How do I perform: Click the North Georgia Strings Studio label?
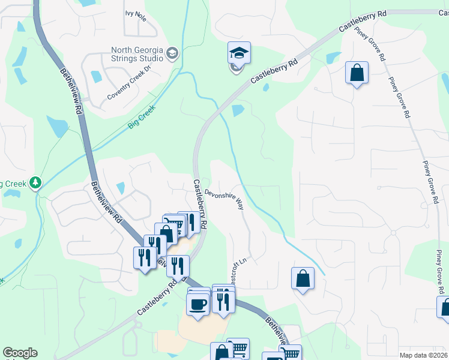pos(137,54)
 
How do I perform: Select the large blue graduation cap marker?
pos(238,53)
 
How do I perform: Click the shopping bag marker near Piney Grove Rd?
pos(357,73)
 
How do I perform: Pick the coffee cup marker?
pos(197,304)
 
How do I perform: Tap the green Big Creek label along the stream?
pos(141,118)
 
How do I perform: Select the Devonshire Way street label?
pos(224,199)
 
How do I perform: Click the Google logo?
pos(20,353)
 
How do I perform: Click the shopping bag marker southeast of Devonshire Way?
pos(303,279)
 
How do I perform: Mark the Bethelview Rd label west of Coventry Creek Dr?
pos(70,91)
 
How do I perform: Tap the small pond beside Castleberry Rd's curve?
pos(238,110)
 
